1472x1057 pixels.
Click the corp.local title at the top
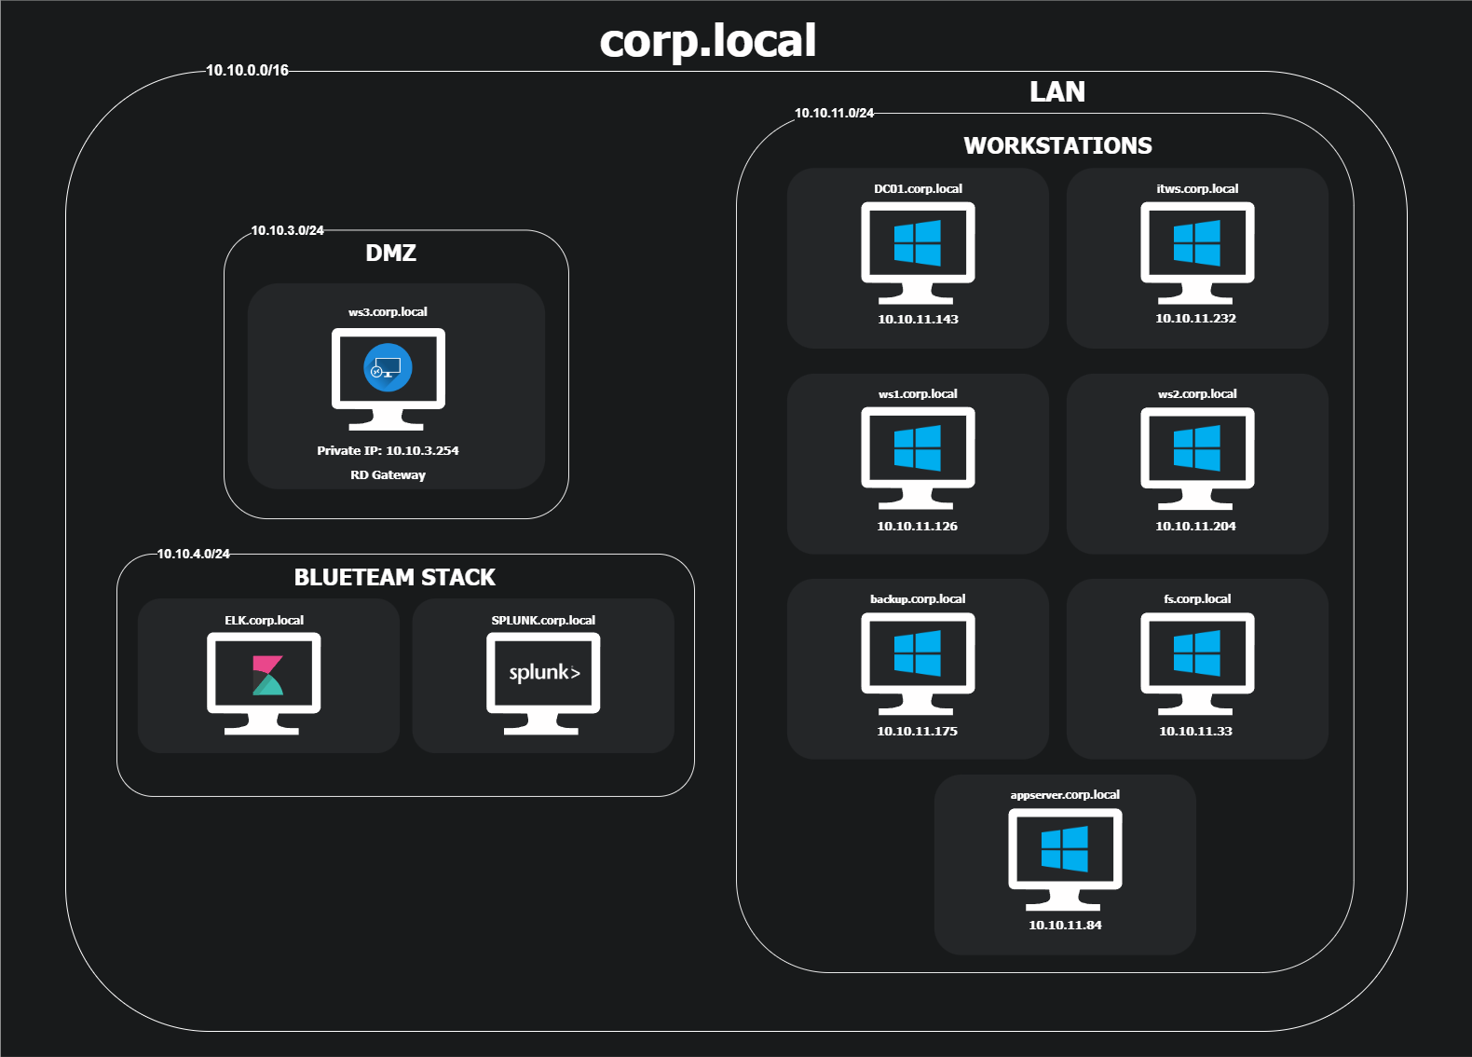click(x=708, y=41)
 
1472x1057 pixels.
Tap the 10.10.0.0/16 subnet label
click(x=247, y=70)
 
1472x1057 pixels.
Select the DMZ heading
click(x=390, y=253)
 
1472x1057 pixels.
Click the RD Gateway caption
click(x=388, y=474)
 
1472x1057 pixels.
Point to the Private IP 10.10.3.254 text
click(x=388, y=450)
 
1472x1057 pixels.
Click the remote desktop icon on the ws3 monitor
click(x=388, y=368)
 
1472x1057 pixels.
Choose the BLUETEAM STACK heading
click(x=395, y=577)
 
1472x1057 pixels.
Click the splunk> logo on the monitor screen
click(x=544, y=672)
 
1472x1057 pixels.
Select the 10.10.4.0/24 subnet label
click(x=193, y=554)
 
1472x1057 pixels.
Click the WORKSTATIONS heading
click(x=1057, y=145)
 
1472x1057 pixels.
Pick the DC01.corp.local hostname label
click(x=918, y=188)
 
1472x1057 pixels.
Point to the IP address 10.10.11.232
click(x=1195, y=318)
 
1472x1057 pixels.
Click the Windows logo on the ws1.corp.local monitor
click(x=918, y=447)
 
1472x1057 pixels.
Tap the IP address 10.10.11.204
click(x=1195, y=526)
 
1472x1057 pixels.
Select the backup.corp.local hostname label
click(x=918, y=598)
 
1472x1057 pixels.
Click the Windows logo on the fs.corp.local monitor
click(x=1197, y=652)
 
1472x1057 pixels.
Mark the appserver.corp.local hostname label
click(x=1065, y=794)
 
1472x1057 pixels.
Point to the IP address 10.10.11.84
click(x=1065, y=925)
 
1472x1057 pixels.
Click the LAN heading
click(x=1057, y=91)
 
